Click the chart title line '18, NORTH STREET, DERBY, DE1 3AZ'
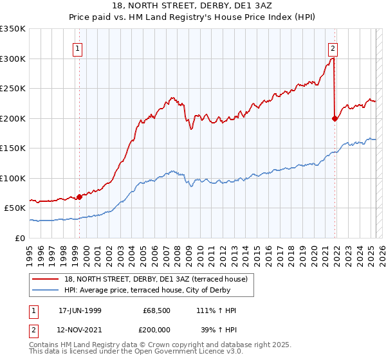[193, 6]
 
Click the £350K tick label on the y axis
[13, 29]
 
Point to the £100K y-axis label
[13, 178]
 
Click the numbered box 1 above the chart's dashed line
[77, 48]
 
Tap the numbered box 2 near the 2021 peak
[333, 48]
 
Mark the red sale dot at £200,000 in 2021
[335, 118]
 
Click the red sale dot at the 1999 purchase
[80, 197]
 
